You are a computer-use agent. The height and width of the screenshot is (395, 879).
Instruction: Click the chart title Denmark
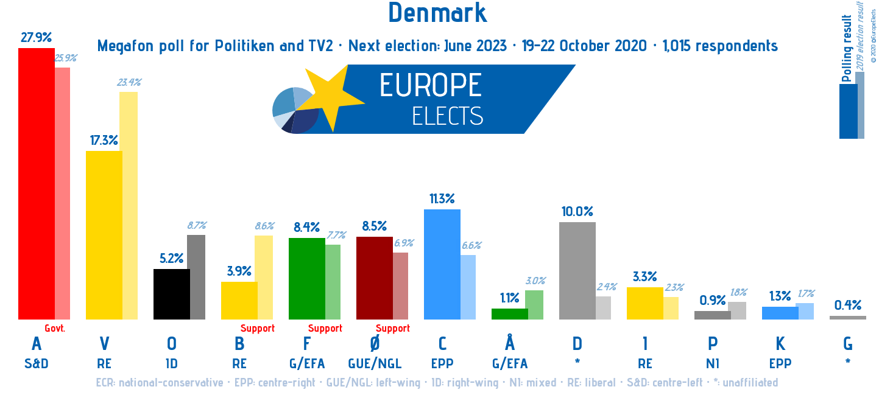click(437, 13)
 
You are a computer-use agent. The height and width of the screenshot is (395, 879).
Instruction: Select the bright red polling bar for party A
click(37, 183)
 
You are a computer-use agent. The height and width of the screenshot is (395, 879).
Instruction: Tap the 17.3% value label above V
click(104, 140)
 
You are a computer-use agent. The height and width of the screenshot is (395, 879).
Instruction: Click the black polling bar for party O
click(171, 294)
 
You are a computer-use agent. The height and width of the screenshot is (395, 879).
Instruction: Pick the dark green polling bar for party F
click(306, 278)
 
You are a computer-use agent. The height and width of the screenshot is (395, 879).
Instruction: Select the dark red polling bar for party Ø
click(374, 278)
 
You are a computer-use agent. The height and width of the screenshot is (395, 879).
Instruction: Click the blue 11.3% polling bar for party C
click(442, 264)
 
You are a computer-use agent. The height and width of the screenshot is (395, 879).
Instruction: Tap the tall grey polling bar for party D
click(577, 270)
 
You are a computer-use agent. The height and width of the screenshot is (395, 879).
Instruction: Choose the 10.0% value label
click(577, 211)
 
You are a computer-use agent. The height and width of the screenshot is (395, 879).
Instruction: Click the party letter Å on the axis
click(510, 343)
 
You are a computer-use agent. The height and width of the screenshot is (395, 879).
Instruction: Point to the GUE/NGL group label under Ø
click(375, 364)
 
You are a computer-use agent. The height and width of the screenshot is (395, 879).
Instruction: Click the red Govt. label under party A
click(55, 328)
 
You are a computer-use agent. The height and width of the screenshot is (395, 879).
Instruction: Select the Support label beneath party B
click(258, 328)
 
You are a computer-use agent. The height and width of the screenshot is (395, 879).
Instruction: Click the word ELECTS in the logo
click(447, 116)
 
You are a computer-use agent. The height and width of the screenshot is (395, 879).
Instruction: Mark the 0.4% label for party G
click(848, 304)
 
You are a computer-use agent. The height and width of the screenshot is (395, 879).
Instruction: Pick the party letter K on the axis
click(780, 344)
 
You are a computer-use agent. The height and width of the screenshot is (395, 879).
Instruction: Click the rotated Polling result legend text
click(847, 43)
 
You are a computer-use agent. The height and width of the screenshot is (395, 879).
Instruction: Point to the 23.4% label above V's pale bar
click(129, 82)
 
